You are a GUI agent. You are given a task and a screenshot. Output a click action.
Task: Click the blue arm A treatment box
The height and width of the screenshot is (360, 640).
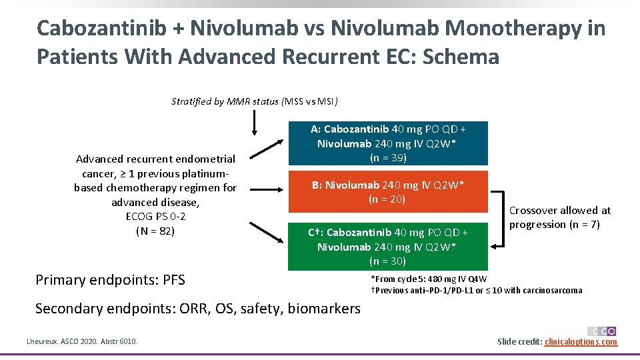(x=388, y=143)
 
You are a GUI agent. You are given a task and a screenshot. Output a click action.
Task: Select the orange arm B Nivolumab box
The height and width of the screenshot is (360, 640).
(x=388, y=191)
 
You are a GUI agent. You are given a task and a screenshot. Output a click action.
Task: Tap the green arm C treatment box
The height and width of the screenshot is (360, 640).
(x=388, y=246)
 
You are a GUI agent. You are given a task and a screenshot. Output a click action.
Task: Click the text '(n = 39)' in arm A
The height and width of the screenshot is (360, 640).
(x=388, y=158)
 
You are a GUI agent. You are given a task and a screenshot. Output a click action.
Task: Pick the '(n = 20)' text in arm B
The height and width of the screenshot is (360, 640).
(x=387, y=199)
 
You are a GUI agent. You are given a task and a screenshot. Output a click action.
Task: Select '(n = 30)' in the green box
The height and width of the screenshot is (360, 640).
(x=387, y=261)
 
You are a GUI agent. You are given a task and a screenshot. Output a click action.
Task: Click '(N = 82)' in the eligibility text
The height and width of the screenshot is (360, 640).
(x=155, y=231)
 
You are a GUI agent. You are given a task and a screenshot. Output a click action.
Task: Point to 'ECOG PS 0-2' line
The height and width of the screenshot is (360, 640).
(x=155, y=217)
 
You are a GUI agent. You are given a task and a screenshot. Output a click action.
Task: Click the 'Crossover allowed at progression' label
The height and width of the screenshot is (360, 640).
(x=559, y=217)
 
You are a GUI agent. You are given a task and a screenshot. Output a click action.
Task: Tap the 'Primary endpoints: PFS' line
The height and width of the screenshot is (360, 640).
(x=110, y=280)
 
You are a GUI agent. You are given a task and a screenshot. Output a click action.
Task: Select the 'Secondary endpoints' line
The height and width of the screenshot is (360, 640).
(x=197, y=308)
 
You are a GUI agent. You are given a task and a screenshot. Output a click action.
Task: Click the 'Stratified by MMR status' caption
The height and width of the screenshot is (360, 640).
(x=254, y=102)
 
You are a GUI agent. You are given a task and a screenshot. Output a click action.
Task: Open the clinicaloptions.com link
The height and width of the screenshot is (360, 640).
(x=581, y=342)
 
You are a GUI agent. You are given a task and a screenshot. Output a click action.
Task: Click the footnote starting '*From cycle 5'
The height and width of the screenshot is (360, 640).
(x=429, y=279)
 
